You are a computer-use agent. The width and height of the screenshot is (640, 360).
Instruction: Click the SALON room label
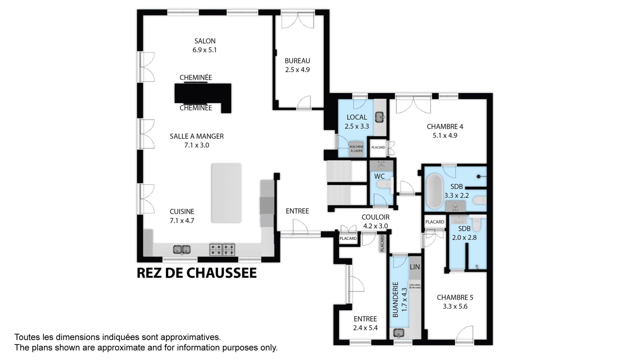point(205,41)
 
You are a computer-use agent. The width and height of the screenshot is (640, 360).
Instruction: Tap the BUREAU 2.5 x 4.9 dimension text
point(297,70)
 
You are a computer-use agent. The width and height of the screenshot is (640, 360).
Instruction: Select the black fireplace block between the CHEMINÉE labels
point(203,95)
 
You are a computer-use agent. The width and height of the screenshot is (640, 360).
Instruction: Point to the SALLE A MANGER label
point(197,136)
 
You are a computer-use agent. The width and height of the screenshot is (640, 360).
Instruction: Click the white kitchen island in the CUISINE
point(226,193)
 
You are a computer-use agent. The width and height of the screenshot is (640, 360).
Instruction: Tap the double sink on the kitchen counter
point(182,249)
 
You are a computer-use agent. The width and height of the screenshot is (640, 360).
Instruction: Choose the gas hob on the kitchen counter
point(222,249)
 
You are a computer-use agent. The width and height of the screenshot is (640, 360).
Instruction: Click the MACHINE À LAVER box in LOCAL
point(356,149)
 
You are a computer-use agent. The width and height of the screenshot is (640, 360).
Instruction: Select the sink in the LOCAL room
point(380,117)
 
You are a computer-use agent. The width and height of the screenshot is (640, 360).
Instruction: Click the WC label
point(379,176)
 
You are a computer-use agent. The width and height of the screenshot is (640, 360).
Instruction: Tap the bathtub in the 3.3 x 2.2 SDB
point(435,191)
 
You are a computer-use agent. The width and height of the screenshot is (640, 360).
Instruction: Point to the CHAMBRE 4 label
point(445,127)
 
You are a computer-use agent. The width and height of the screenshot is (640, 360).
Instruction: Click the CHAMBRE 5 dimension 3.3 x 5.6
point(455,306)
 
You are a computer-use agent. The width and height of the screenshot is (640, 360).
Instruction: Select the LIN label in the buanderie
point(415,267)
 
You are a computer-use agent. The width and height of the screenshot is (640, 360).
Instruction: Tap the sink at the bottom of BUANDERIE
point(398,333)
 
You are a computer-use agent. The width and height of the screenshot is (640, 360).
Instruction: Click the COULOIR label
point(375,217)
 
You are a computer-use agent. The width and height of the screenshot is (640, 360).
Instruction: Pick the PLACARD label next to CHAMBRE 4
point(378,147)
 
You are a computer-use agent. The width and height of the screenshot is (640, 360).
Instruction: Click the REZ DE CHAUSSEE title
point(197,273)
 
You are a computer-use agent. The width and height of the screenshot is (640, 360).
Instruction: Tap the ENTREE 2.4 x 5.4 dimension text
point(365,328)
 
